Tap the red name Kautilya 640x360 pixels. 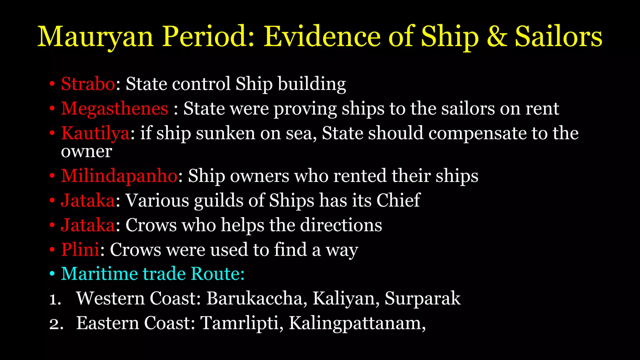pos(95,133)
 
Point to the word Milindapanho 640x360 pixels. pos(119,176)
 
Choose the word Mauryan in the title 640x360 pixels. pos(95,37)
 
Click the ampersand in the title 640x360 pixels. pos(497,37)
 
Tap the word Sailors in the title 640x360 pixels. pos(558,37)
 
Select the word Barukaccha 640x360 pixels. pos(254,298)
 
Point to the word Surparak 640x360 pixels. pos(422,298)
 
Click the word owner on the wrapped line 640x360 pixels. pos(86,152)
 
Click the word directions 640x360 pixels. pos(341,225)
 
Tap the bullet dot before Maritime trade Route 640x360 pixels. pos(52,274)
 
